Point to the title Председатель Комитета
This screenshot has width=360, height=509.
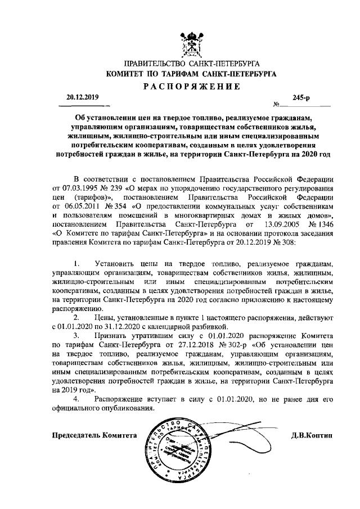(94, 436)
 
